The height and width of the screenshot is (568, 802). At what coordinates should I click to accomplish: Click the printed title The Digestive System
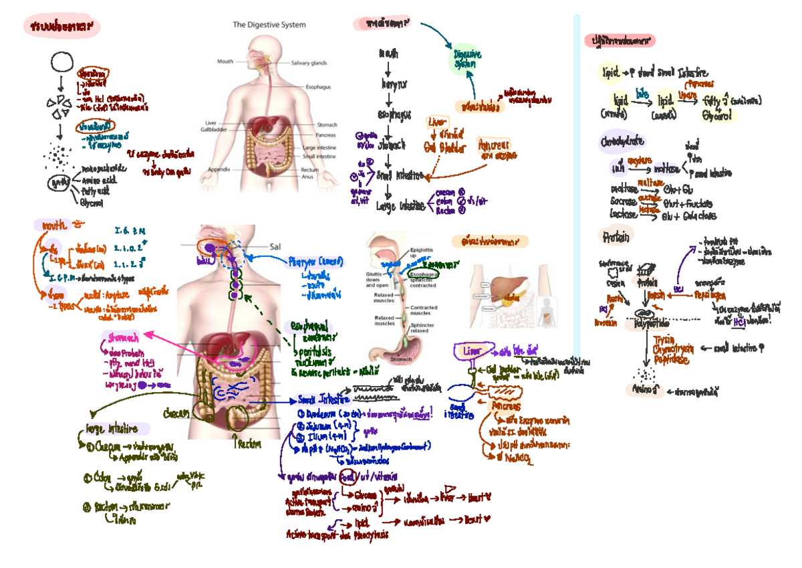click(x=269, y=25)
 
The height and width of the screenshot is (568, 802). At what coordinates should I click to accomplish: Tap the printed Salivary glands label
click(x=309, y=63)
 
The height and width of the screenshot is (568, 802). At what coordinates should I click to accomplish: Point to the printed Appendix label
click(x=220, y=169)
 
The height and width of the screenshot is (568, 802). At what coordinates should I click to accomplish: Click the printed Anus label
click(x=307, y=177)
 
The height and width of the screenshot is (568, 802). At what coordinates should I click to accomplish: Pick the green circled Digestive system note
click(x=466, y=59)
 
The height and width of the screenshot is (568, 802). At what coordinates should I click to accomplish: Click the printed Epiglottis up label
click(x=423, y=253)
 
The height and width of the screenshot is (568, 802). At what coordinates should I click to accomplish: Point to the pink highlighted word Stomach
click(x=123, y=338)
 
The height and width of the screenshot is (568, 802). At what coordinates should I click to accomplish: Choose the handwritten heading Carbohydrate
click(x=622, y=141)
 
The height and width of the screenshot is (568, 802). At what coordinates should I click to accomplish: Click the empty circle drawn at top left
click(x=61, y=63)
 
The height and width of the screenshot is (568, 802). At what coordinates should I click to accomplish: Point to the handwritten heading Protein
click(x=616, y=237)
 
